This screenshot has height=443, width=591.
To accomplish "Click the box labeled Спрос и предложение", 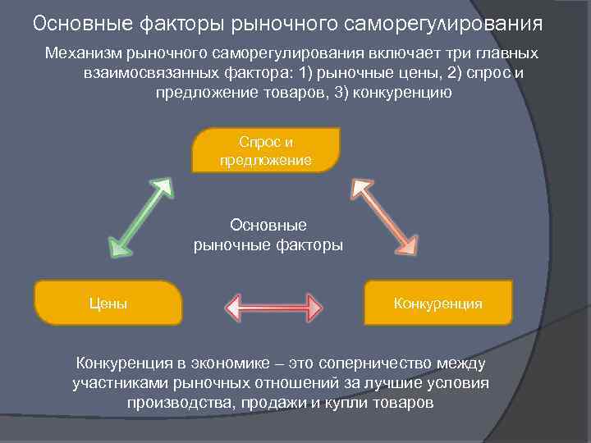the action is click(265, 149).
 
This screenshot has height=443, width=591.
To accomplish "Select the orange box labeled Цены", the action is click(108, 304).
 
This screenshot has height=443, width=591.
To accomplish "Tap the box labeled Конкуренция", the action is click(438, 304).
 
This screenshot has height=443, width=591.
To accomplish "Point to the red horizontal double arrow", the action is click(273, 308).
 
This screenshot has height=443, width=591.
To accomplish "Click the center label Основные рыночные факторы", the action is click(268, 235).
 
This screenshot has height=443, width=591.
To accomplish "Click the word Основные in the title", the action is click(86, 22).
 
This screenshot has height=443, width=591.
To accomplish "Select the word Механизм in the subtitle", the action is click(82, 53).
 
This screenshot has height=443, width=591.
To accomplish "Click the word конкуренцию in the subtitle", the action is click(405, 93).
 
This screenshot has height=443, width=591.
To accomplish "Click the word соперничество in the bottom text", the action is click(384, 363).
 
